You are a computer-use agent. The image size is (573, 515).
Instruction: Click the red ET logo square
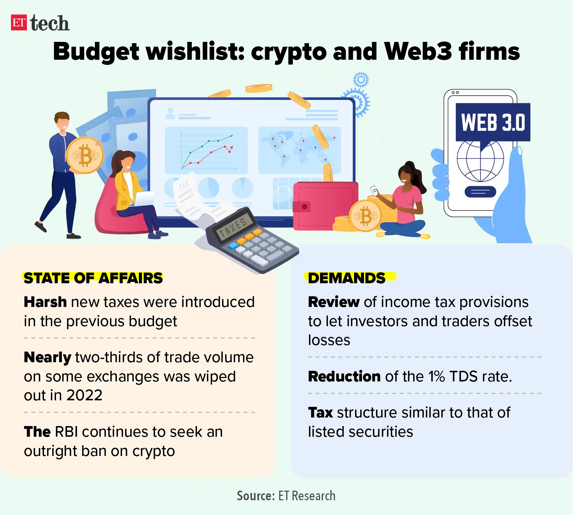click(19, 23)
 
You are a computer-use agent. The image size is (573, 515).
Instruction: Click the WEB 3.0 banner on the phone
click(493, 122)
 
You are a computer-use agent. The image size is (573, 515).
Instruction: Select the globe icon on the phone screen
click(480, 161)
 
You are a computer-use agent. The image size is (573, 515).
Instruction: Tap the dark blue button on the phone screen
click(480, 192)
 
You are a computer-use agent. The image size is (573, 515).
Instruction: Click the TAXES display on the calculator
click(233, 227)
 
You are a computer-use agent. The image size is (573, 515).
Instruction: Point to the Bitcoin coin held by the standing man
click(85, 155)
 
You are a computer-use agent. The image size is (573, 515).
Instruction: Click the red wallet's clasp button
click(304, 207)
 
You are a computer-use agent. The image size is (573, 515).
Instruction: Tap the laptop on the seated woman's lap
click(145, 198)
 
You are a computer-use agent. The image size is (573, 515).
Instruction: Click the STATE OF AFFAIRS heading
click(93, 278)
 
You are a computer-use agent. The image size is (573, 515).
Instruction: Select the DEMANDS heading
click(346, 278)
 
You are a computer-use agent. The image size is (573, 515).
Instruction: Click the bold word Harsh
click(45, 302)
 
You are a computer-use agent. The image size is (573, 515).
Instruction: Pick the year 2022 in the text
click(84, 396)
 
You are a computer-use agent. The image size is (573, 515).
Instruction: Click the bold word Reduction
click(344, 377)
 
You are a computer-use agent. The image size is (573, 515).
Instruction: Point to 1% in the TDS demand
click(437, 377)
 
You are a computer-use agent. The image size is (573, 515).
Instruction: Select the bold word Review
click(333, 302)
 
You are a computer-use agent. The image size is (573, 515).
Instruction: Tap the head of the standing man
click(62, 121)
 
